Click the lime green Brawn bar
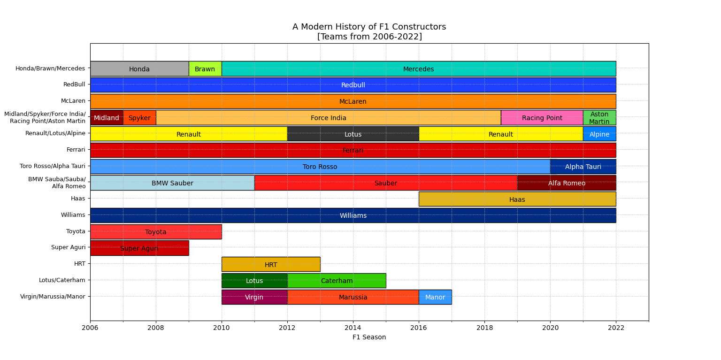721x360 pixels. [205, 69]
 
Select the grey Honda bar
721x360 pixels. [139, 69]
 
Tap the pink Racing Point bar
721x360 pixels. [542, 117]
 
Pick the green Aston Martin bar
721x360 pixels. [599, 117]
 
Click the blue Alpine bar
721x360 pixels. [599, 134]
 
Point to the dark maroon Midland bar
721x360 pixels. [107, 117]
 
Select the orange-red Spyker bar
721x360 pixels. [139, 117]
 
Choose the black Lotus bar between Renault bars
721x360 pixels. [353, 134]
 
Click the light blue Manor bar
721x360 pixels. [435, 297]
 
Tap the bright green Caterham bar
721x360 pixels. [336, 280]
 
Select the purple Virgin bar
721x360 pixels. [254, 297]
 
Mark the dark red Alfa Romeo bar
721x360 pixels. [566, 183]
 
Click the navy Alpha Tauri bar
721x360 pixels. [583, 166]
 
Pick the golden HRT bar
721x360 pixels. [270, 264]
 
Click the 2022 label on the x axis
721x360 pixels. [616, 328]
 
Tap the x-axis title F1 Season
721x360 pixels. [369, 337]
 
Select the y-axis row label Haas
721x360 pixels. [78, 199]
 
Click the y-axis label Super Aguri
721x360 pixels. [68, 247]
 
